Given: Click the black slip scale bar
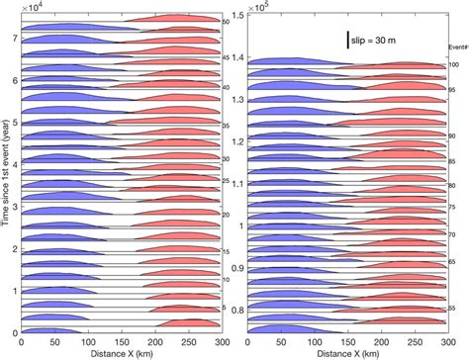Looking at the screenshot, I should pos(347,39).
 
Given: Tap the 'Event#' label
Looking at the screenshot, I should pos(454,45).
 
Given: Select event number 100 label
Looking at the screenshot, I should pos(453,64).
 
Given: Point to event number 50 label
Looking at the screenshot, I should pos(226,21).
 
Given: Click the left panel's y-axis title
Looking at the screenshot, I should pos(7,179).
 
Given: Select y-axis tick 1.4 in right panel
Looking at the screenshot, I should pos(237,59).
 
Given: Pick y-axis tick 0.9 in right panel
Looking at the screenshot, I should pos(237,268).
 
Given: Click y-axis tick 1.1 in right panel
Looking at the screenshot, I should pos(237,184).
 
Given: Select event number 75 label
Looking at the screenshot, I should pos(453,209).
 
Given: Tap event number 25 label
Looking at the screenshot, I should pos(226,181).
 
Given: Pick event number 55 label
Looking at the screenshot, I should pos(453,309).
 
